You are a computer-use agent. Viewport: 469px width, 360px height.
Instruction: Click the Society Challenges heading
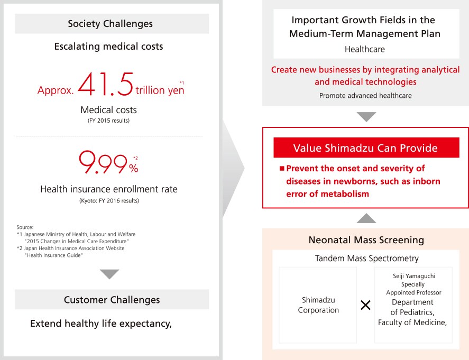click(x=110, y=24)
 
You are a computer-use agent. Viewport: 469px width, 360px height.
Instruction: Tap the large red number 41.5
click(x=106, y=84)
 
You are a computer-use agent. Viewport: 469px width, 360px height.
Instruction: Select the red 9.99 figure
click(x=103, y=162)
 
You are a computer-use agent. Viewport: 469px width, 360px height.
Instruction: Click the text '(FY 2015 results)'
click(x=108, y=121)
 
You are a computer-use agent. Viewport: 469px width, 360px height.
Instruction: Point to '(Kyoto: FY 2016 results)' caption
click(x=109, y=201)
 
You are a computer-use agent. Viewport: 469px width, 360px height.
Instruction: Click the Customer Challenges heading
click(x=112, y=300)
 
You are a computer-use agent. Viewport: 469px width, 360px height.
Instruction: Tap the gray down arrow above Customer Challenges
click(x=109, y=274)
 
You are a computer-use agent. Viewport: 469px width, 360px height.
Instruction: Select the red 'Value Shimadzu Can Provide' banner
click(x=366, y=147)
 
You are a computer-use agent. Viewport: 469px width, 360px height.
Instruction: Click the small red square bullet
click(x=282, y=168)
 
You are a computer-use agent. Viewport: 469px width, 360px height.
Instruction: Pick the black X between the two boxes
click(x=365, y=305)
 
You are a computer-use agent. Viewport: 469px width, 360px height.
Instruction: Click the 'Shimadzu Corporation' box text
click(x=318, y=305)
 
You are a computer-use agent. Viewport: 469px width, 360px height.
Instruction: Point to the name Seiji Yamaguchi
click(x=414, y=276)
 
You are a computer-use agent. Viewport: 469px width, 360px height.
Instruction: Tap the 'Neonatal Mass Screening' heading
click(x=366, y=240)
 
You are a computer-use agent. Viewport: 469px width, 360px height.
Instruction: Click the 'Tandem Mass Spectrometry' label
click(x=367, y=259)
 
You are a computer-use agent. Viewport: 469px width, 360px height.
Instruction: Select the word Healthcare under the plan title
click(x=365, y=49)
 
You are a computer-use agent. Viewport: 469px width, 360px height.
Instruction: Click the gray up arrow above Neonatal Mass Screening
click(x=366, y=218)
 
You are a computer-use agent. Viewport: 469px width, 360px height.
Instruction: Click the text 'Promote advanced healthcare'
click(x=365, y=96)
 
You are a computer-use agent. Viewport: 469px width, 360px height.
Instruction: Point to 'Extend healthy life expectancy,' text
click(x=101, y=324)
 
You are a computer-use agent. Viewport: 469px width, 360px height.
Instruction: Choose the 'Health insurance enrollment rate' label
click(x=109, y=189)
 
